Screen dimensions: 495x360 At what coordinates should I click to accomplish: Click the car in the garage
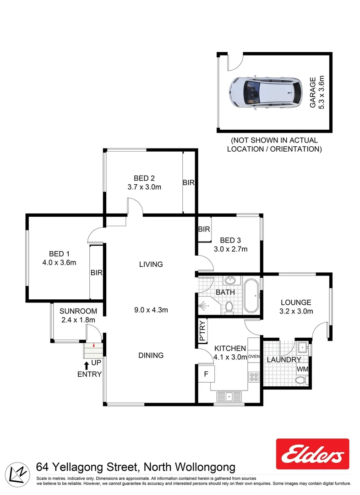click(266, 92)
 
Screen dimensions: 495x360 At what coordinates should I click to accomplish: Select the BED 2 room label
click(144, 178)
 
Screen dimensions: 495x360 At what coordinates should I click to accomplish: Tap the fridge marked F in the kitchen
click(206, 374)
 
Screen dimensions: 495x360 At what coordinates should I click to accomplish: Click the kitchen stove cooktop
click(254, 377)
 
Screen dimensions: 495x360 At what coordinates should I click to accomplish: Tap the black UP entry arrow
click(87, 365)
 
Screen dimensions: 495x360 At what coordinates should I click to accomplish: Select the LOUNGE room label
click(296, 302)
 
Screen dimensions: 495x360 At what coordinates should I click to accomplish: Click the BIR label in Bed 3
click(204, 229)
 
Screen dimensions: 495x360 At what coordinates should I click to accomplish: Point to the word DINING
click(151, 355)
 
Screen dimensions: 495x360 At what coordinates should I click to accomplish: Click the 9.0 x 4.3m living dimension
click(151, 310)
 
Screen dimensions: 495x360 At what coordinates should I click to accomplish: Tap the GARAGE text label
click(313, 93)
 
